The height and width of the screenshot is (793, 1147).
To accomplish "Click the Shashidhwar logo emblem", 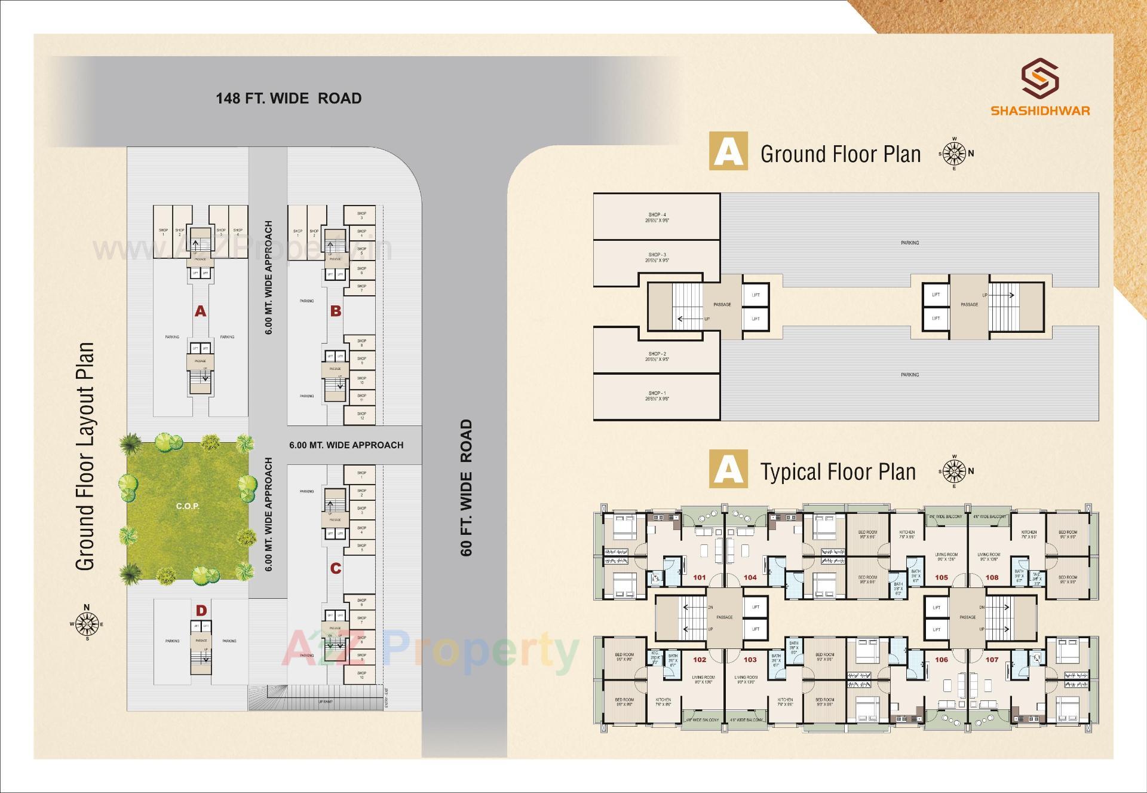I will (x=1039, y=78).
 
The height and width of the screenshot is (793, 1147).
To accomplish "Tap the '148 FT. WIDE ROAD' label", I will (x=289, y=99).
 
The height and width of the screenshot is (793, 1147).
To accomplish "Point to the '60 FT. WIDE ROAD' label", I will (x=467, y=488).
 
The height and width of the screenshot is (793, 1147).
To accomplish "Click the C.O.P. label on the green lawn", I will (x=188, y=506).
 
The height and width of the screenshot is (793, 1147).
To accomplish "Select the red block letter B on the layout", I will (x=336, y=311).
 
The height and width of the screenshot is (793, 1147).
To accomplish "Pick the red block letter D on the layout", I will (x=201, y=610).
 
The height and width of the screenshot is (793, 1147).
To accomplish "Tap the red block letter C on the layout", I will (x=336, y=568).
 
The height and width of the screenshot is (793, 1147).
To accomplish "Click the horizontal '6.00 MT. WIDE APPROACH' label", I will (x=346, y=445).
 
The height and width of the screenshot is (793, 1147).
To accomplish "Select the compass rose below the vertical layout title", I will (x=87, y=624).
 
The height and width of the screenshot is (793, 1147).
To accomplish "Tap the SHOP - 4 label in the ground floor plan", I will (x=657, y=215).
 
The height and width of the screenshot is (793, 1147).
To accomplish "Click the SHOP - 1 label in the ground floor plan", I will (x=657, y=394).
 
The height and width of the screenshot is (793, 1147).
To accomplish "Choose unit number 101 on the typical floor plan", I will (x=700, y=577).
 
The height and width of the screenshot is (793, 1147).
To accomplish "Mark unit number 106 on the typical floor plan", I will (x=941, y=660).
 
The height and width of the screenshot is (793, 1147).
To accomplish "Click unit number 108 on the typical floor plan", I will (x=992, y=577).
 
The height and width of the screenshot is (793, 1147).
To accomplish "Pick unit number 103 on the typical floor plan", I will (x=750, y=660).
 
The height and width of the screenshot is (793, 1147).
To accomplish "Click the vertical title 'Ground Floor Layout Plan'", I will (x=86, y=457).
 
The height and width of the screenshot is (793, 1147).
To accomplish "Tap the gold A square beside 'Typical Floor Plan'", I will (x=728, y=469).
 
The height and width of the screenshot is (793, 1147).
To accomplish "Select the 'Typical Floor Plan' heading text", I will (x=838, y=472).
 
